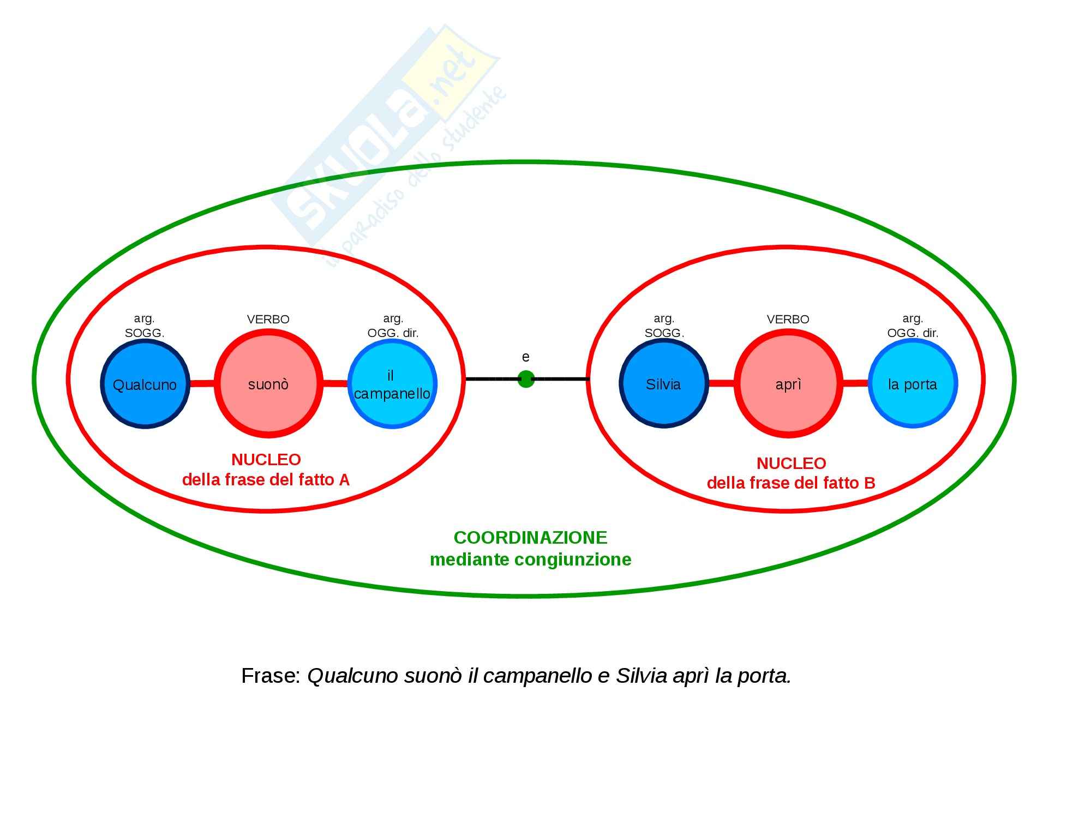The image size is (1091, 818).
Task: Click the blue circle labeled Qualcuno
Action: coord(145,384)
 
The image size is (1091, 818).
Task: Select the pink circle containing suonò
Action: coord(268,384)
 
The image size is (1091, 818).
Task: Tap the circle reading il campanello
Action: coord(392,384)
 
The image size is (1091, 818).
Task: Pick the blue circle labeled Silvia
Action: coord(663,384)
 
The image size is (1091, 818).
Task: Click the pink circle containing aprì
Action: coord(788,384)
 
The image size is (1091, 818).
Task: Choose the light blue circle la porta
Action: coord(913,384)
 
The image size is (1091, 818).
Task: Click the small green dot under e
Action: coord(526,378)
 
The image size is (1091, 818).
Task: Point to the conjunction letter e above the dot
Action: coord(526,357)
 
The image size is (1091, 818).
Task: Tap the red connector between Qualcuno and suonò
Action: coord(202,384)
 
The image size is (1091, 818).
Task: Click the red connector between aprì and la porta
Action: coord(855,384)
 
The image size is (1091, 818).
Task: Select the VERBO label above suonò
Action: coord(268,319)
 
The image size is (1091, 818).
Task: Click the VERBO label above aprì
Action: coord(788,319)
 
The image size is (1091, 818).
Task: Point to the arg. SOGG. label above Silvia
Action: coord(664,326)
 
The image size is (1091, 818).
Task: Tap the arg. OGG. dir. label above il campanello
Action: coord(393,326)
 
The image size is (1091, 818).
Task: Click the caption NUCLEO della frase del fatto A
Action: coord(266,470)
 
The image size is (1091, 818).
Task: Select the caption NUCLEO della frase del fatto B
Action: coord(791,473)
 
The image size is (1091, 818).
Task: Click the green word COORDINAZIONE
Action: coord(530,538)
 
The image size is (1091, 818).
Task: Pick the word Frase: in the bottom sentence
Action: coord(271,676)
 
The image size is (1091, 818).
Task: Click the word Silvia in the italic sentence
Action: coord(642,676)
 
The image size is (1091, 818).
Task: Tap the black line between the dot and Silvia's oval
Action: coord(561,378)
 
